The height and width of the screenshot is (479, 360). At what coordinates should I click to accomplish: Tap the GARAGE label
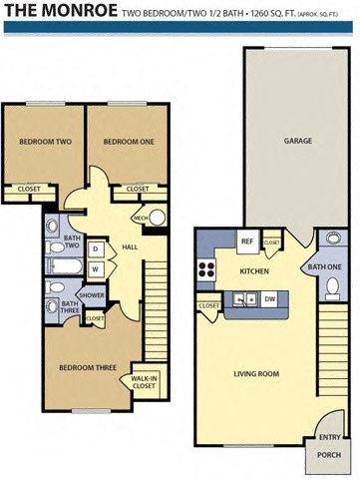(x=298, y=141)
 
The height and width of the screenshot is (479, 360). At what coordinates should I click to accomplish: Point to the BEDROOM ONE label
(x=129, y=142)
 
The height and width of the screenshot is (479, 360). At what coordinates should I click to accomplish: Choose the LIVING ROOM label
(x=256, y=374)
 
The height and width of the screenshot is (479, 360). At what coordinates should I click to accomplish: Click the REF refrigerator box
(x=246, y=240)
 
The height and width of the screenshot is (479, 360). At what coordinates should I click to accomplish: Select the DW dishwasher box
(x=270, y=297)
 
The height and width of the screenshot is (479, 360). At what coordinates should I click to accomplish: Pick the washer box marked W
(x=96, y=268)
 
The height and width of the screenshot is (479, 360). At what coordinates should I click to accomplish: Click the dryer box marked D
(x=96, y=248)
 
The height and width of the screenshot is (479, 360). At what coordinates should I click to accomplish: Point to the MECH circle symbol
(x=140, y=218)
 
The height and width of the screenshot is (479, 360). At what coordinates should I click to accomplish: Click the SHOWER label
(x=92, y=295)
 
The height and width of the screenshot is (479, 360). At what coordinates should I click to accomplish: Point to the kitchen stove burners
(x=208, y=267)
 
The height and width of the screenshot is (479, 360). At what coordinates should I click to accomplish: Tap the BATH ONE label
(x=324, y=266)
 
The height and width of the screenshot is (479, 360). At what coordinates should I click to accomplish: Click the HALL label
(x=129, y=246)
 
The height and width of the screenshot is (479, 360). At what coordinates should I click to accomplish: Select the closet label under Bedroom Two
(x=29, y=189)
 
